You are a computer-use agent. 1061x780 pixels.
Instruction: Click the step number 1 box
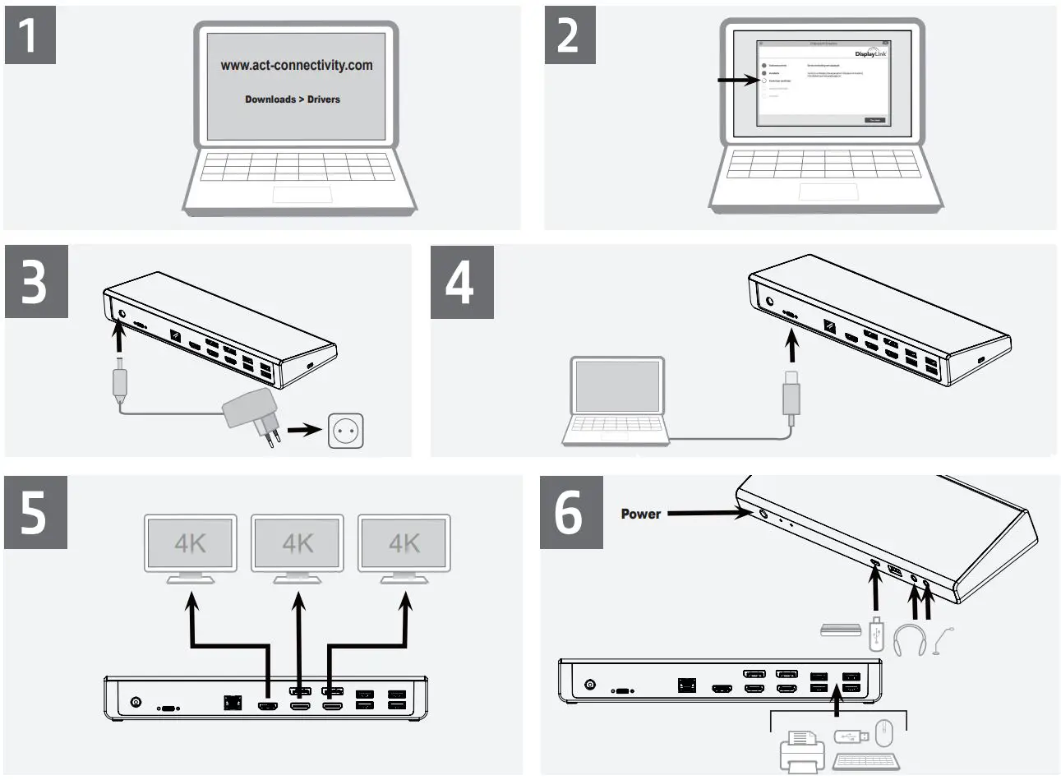[30, 35]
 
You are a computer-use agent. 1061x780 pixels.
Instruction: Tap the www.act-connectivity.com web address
[296, 66]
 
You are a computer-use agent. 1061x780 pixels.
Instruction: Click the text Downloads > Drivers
[292, 99]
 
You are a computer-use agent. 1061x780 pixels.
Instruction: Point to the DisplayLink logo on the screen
[870, 53]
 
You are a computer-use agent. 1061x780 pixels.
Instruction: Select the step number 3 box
[35, 281]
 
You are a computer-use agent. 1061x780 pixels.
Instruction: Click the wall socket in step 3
[345, 431]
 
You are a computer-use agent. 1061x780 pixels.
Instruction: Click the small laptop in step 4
[616, 401]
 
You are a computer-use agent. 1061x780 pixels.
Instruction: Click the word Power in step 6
[640, 514]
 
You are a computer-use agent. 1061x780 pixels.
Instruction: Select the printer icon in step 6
[800, 751]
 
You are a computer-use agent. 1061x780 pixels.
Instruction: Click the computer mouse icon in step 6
[883, 732]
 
